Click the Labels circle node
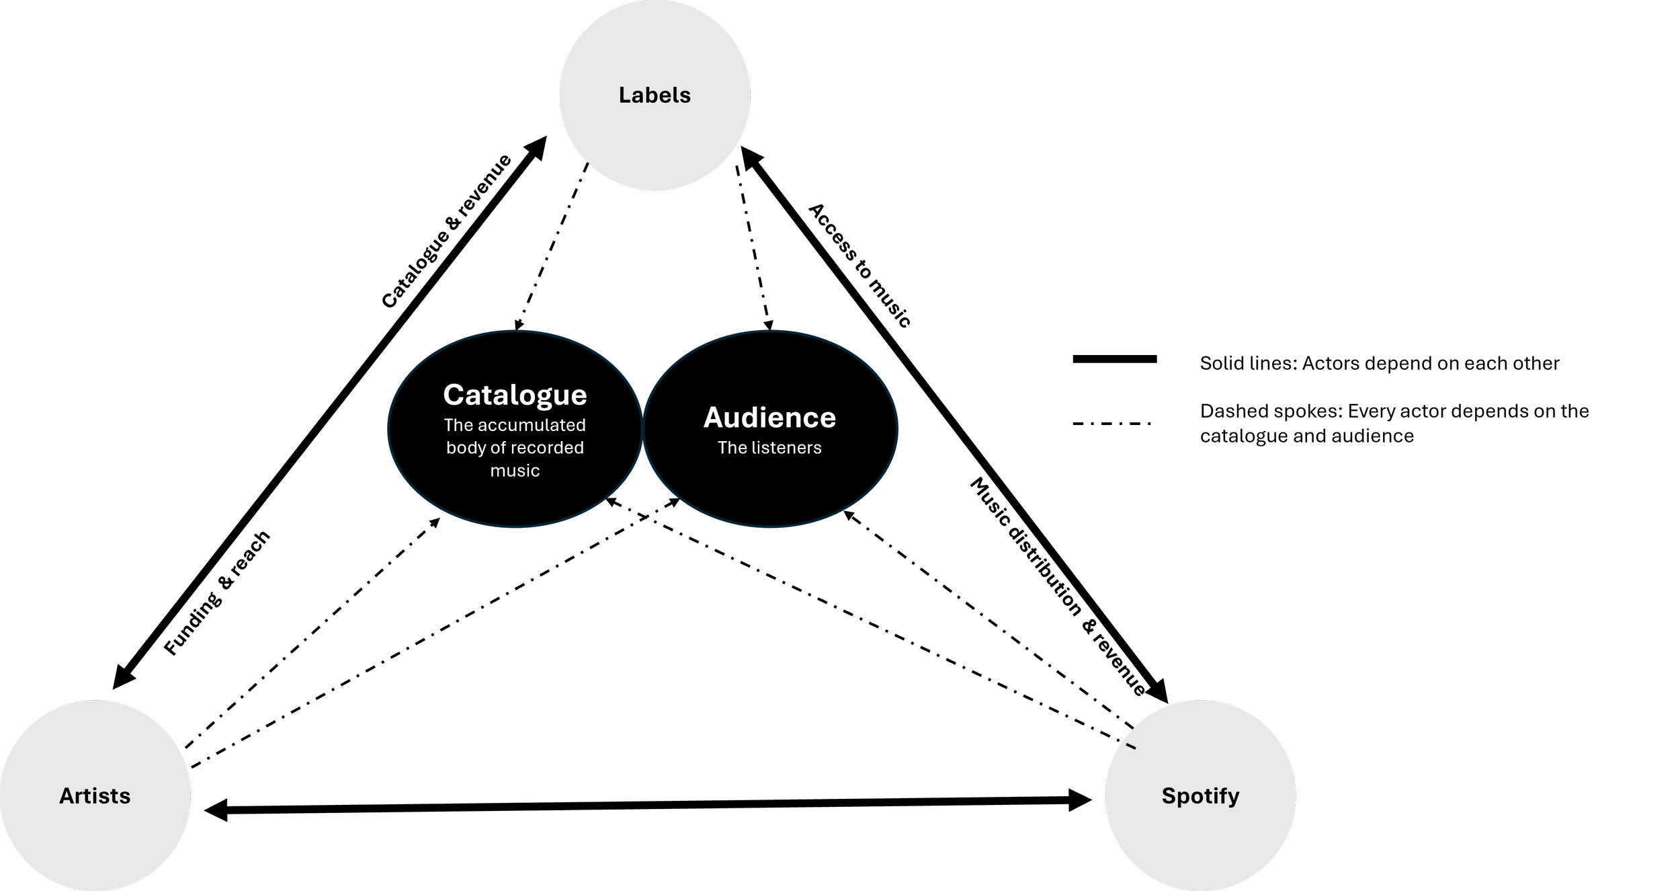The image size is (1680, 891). click(655, 95)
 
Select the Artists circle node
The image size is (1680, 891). click(95, 796)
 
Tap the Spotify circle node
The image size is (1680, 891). click(1200, 796)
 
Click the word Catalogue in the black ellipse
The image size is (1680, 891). click(515, 395)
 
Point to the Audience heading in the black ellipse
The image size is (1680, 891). click(769, 418)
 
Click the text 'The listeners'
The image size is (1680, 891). click(769, 448)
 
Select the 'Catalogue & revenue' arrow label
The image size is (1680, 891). click(447, 231)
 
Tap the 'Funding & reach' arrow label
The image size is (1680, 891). click(217, 592)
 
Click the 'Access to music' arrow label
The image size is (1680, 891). click(859, 266)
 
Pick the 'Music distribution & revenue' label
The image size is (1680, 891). click(1058, 586)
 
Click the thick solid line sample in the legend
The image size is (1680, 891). click(1115, 359)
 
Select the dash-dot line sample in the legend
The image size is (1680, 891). click(1112, 424)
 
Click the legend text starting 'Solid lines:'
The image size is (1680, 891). click(1380, 363)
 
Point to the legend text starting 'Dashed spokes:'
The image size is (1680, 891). click(1394, 424)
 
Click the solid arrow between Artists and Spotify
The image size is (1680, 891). click(648, 805)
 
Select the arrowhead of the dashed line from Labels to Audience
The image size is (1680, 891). click(769, 325)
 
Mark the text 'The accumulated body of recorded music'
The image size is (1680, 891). click(515, 448)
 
